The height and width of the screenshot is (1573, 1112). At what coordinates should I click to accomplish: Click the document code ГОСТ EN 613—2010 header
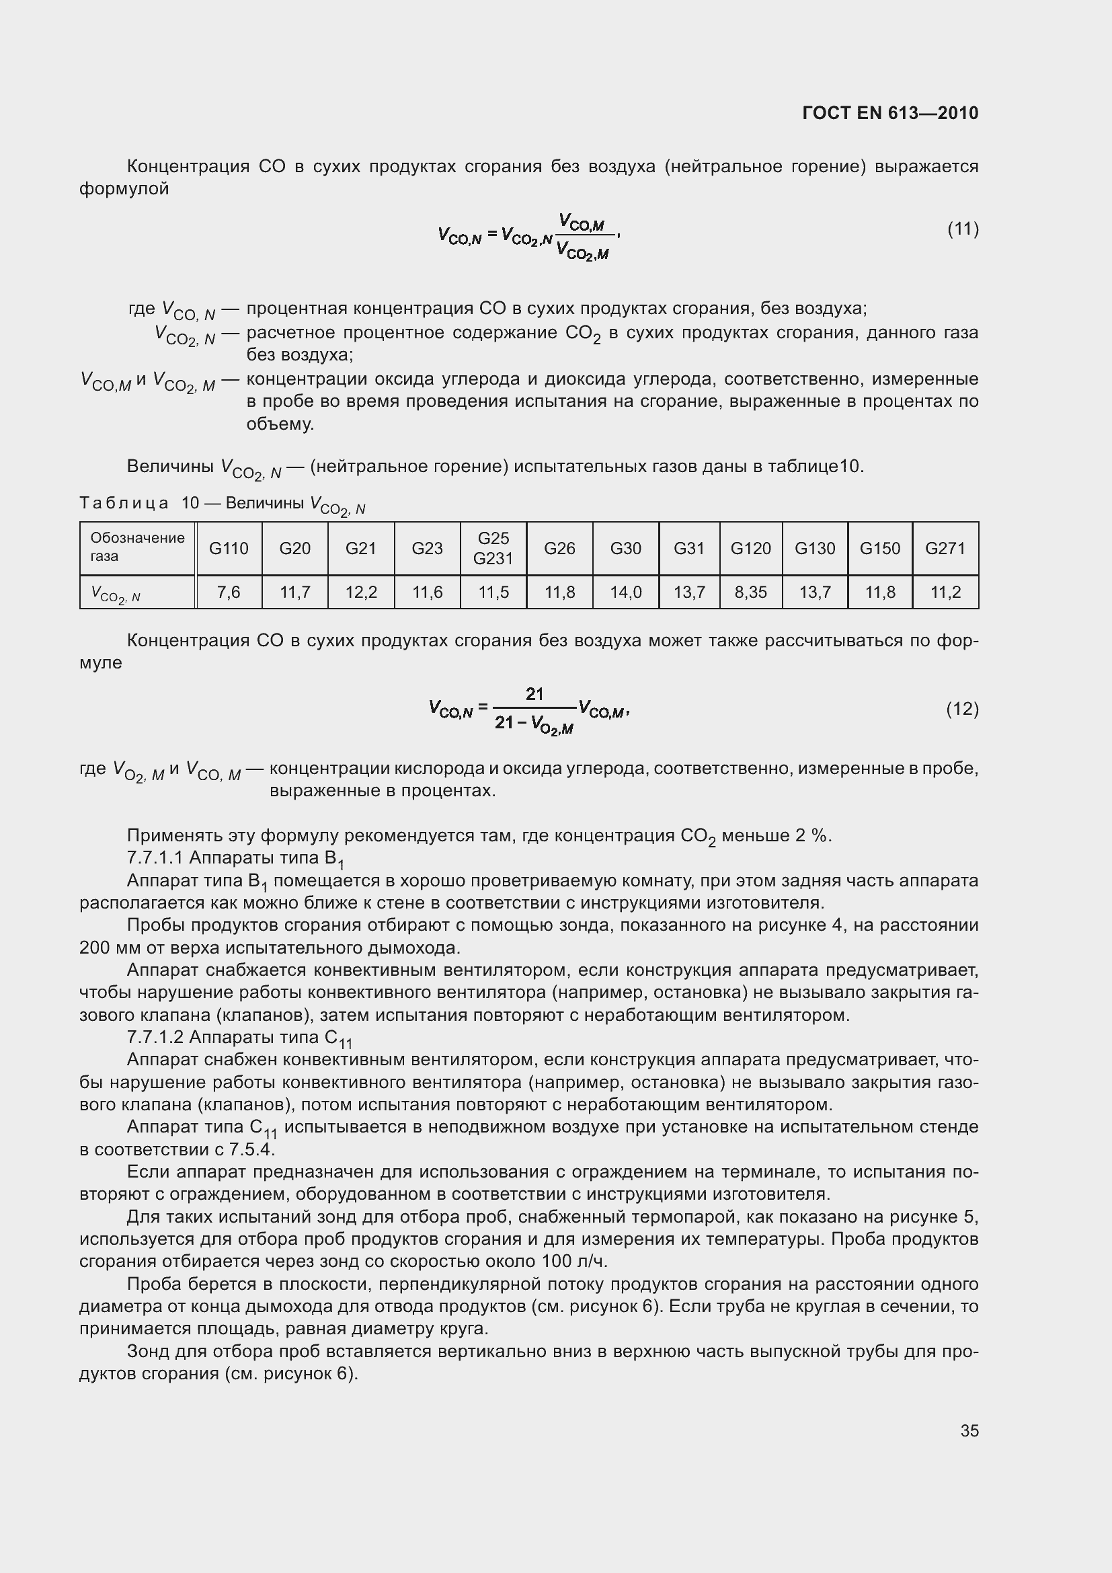889,113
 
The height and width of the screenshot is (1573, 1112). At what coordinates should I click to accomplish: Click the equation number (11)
962,229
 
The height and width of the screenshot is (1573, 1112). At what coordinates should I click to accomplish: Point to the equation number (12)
962,708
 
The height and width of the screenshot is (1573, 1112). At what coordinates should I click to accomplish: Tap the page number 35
969,1430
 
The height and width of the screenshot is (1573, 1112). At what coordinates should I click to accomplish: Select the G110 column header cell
229,548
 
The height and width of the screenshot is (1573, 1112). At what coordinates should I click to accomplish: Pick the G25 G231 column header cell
493,548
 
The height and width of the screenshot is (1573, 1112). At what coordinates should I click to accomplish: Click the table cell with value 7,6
229,592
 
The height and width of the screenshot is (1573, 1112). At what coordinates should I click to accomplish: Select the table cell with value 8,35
750,592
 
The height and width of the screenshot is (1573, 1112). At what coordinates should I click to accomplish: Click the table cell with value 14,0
625,592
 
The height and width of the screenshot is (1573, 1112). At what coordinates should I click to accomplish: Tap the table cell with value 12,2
361,592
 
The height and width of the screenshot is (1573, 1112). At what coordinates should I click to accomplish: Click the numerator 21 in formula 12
534,694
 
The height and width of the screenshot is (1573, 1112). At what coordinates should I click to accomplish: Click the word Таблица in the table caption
124,504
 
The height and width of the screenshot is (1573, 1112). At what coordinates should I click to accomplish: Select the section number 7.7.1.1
155,857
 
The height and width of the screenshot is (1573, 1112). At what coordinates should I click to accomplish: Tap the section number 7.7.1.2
155,1037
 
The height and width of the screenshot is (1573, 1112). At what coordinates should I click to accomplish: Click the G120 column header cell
750,548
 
